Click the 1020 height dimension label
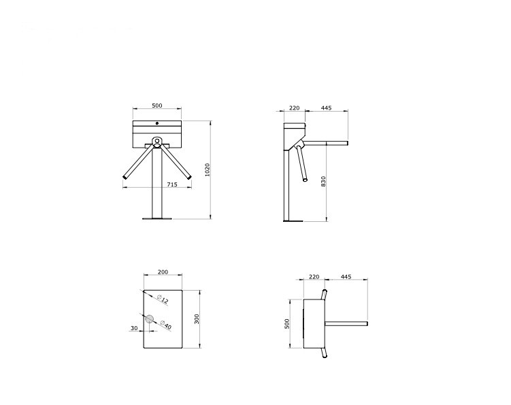tap(208, 169)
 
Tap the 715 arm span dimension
tap(172, 184)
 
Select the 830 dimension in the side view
tap(323, 181)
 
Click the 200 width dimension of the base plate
tap(163, 272)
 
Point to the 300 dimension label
tap(197, 319)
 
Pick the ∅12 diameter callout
tap(163, 299)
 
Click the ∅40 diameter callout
tap(166, 325)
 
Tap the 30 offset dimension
tap(134, 328)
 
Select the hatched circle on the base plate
tap(150, 319)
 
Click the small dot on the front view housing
tap(157, 123)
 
